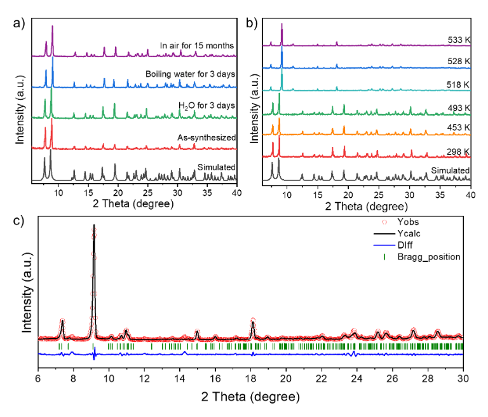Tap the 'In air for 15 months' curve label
pos(198,44)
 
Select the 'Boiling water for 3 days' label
pos(190,73)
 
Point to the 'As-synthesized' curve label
pos(208,136)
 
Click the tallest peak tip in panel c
pos(93,226)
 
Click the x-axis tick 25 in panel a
pos(147,193)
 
